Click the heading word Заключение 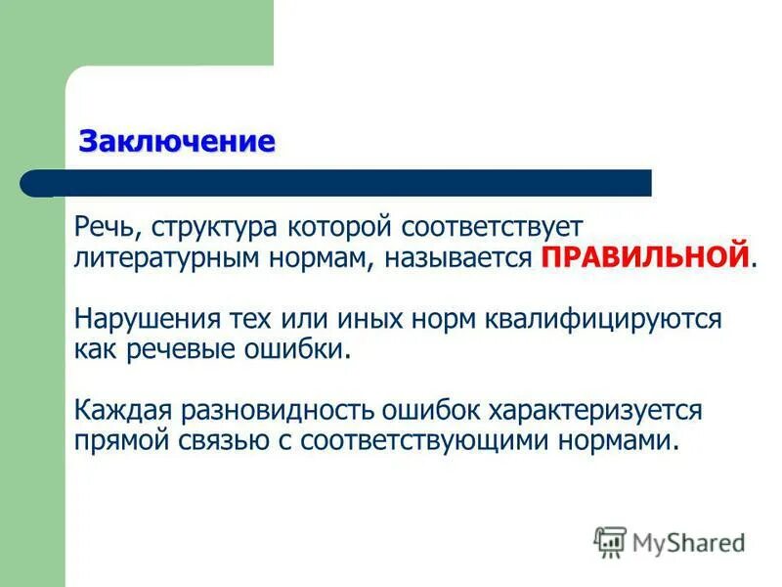point(177,141)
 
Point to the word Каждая point(116,410)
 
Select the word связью point(214,440)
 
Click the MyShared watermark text point(688,541)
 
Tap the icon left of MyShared point(610,541)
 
